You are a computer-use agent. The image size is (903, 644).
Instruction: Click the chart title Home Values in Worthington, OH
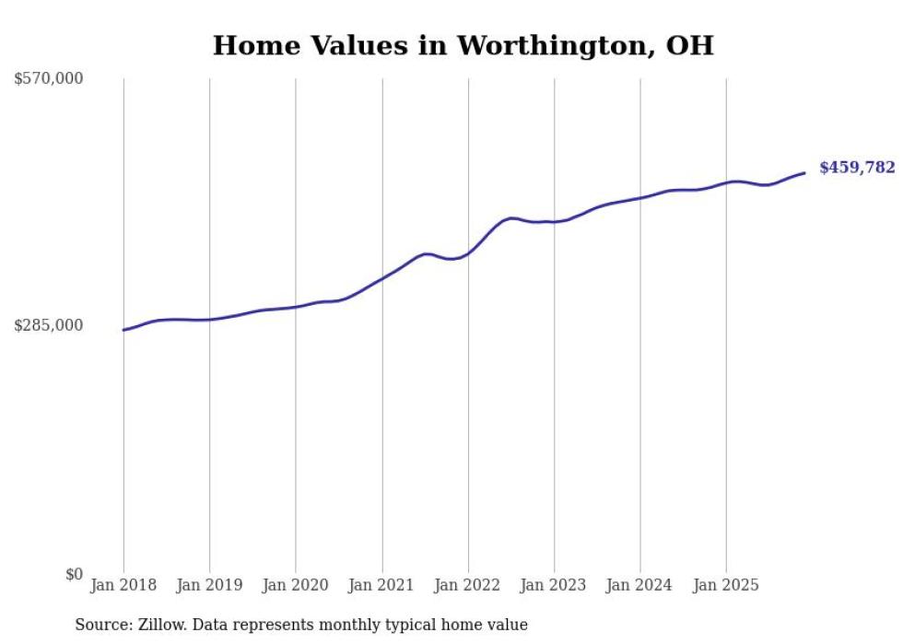[463, 45]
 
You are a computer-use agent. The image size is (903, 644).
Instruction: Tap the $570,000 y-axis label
[49, 79]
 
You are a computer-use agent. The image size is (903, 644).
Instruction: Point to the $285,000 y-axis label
[49, 325]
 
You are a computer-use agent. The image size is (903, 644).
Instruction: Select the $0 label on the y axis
[74, 574]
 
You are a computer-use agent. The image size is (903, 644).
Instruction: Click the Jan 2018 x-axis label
[123, 585]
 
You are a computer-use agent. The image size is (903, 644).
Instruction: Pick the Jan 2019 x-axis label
[209, 585]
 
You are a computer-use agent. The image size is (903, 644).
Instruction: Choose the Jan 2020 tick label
[296, 585]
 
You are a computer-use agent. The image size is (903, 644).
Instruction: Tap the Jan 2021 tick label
[381, 585]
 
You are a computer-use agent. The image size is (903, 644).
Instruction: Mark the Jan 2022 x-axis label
[468, 585]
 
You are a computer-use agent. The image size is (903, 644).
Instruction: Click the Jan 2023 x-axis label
[554, 585]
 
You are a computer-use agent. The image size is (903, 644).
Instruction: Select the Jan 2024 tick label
[640, 585]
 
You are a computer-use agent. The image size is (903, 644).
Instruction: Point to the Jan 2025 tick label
[726, 585]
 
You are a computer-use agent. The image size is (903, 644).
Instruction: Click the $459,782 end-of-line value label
[857, 168]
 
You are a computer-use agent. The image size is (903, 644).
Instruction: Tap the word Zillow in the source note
[162, 625]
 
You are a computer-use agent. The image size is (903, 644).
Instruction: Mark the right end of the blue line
[804, 172]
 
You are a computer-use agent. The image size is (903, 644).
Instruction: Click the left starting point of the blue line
[123, 330]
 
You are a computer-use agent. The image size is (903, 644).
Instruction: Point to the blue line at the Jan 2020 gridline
[296, 307]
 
